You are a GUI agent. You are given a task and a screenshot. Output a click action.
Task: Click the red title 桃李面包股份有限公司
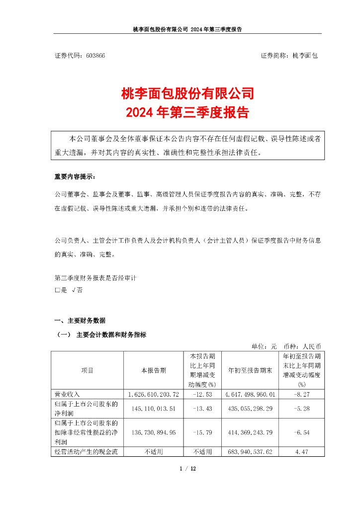188,93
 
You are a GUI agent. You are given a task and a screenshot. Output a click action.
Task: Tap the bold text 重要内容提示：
73,177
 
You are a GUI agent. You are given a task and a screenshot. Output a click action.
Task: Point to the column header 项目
87,370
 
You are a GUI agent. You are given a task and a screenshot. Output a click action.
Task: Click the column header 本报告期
153,370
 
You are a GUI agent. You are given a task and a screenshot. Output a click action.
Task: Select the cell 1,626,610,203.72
153,394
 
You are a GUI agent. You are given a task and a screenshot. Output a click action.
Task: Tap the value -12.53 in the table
202,394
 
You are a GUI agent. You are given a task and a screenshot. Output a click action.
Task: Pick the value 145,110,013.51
153,409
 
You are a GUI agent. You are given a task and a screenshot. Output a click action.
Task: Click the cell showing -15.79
202,433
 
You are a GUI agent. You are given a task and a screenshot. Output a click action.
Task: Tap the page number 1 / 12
188,468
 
